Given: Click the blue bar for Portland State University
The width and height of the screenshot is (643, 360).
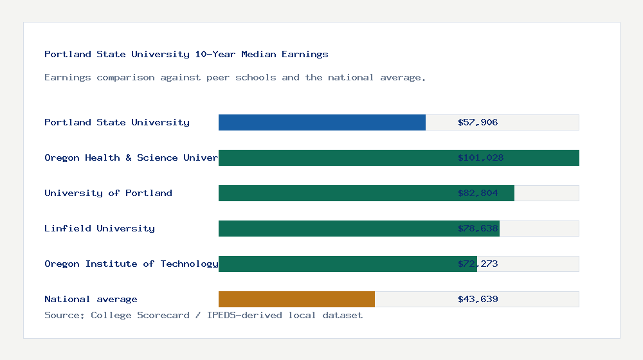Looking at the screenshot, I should pyautogui.click(x=321, y=122).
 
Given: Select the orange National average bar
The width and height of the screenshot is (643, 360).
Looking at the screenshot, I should pyautogui.click(x=296, y=299).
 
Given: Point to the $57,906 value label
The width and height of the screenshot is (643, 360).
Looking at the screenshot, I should pyautogui.click(x=478, y=122).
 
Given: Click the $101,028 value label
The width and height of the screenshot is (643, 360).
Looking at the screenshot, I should pyautogui.click(x=480, y=157).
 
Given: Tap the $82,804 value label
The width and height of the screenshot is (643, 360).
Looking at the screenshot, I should pyautogui.click(x=478, y=193).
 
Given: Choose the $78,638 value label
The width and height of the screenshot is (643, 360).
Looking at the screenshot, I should pyautogui.click(x=478, y=228).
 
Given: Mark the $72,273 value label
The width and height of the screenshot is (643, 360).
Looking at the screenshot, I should pyautogui.click(x=478, y=264).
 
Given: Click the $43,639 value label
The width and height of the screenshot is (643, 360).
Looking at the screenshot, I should pyautogui.click(x=478, y=299).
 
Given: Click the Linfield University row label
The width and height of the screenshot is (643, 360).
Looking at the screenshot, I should pyautogui.click(x=100, y=228).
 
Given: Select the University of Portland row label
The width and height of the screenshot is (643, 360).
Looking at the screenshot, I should pyautogui.click(x=108, y=193).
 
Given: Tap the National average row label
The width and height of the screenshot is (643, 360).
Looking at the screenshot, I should pyautogui.click(x=91, y=299).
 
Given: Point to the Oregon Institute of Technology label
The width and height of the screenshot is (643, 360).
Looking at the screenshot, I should pyautogui.click(x=131, y=264).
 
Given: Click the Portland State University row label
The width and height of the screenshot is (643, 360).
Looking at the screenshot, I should pyautogui.click(x=117, y=122).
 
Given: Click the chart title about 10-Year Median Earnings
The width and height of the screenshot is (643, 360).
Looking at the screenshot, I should pyautogui.click(x=186, y=54).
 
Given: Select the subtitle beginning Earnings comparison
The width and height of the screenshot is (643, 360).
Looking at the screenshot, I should pyautogui.click(x=235, y=77).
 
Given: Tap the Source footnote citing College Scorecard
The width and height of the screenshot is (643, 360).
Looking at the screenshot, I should pyautogui.click(x=203, y=315).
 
